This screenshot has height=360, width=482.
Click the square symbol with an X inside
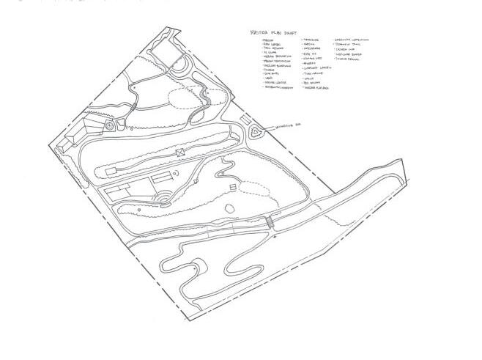click(x=179, y=152)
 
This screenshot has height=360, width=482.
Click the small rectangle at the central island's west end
click(x=111, y=170)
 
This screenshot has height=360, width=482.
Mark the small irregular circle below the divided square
click(x=229, y=209)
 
